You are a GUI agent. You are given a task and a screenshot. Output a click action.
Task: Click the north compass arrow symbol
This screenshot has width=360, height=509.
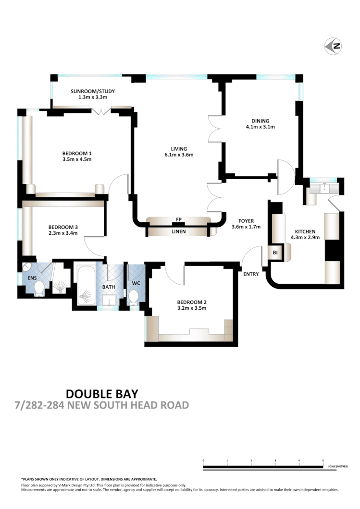[333, 46]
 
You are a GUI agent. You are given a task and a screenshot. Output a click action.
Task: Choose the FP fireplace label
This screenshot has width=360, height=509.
[179, 219]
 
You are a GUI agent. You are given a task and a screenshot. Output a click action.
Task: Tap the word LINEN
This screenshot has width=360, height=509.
[178, 231]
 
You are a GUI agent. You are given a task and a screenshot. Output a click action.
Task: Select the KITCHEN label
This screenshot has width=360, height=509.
[305, 231]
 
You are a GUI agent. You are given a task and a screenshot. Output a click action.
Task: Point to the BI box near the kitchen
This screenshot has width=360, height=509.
[275, 252]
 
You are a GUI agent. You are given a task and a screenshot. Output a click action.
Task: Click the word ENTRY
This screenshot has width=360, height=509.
[251, 274]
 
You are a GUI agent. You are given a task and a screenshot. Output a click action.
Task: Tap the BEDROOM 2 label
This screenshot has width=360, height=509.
[191, 302]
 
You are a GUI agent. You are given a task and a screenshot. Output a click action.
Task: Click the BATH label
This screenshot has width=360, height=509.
[108, 287]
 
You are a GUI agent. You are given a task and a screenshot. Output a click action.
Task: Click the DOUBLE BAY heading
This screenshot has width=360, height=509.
[101, 394]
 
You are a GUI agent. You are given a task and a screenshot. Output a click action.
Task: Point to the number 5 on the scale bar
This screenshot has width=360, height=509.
[323, 460]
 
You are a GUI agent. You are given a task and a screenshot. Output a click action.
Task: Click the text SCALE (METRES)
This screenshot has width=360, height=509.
[338, 466]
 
